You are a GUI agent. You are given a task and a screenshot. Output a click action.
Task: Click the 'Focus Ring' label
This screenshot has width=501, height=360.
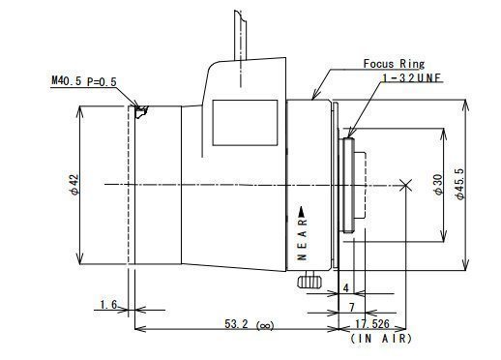click(x=394, y=64)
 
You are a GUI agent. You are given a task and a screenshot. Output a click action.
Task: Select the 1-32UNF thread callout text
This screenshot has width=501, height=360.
click(x=411, y=78)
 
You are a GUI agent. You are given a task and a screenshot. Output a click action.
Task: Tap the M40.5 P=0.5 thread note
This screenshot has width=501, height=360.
click(x=84, y=81)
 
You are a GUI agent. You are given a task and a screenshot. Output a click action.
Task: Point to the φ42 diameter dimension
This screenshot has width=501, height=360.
click(x=74, y=185)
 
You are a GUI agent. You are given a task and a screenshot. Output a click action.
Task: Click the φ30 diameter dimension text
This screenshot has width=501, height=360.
click(x=438, y=185)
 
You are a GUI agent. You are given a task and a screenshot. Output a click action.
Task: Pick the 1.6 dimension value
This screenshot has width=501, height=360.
click(x=108, y=304)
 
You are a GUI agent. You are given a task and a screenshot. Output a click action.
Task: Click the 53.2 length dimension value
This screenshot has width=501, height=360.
click(x=236, y=323)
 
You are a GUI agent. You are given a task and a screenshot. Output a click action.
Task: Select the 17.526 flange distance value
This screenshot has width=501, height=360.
click(x=372, y=323)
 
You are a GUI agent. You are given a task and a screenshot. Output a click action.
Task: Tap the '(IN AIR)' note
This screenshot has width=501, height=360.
click(x=381, y=339)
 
